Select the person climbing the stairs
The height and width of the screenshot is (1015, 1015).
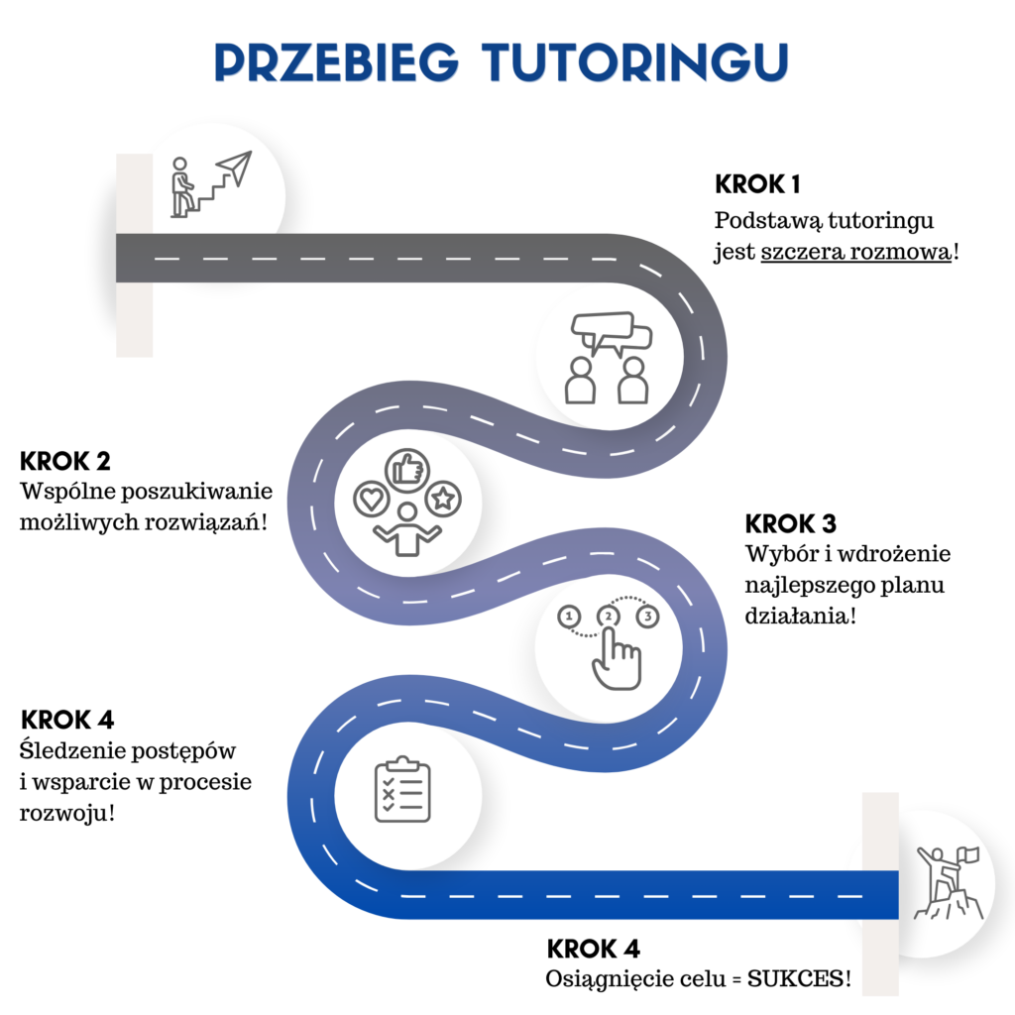[x=180, y=186]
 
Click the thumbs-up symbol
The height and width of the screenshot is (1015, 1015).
[x=404, y=468]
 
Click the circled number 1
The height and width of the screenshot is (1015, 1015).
[x=569, y=617]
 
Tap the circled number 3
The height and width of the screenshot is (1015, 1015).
[x=647, y=617]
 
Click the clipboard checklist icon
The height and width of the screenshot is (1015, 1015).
[x=402, y=789]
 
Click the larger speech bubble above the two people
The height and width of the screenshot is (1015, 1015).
[x=602, y=327]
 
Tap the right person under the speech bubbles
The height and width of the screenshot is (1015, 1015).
[x=631, y=381]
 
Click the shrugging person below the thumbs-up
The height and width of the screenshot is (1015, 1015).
[x=405, y=530]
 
